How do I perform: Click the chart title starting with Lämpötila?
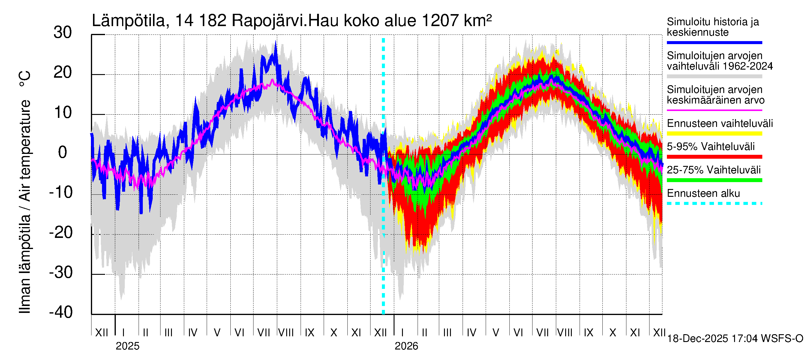click(291, 21)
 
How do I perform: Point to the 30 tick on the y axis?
click(63, 33)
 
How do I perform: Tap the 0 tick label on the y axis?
click(63, 152)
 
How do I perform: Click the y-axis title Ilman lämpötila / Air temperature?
click(25, 192)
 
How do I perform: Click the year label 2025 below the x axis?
click(127, 346)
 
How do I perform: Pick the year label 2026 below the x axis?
click(406, 346)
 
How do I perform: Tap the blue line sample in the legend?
click(714, 42)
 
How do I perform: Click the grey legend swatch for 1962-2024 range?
click(714, 76)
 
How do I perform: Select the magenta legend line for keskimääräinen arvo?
click(714, 110)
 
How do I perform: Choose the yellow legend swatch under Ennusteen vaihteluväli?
click(714, 133)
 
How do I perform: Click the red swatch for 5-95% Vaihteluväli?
click(714, 157)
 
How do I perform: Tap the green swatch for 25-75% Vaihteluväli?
click(714, 180)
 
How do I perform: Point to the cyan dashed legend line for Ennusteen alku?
click(714, 203)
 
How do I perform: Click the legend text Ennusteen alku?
click(703, 193)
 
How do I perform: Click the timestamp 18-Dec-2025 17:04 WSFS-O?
click(735, 339)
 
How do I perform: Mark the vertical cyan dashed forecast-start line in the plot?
click(383, 220)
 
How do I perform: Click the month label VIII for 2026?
click(565, 333)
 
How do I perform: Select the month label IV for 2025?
click(192, 333)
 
